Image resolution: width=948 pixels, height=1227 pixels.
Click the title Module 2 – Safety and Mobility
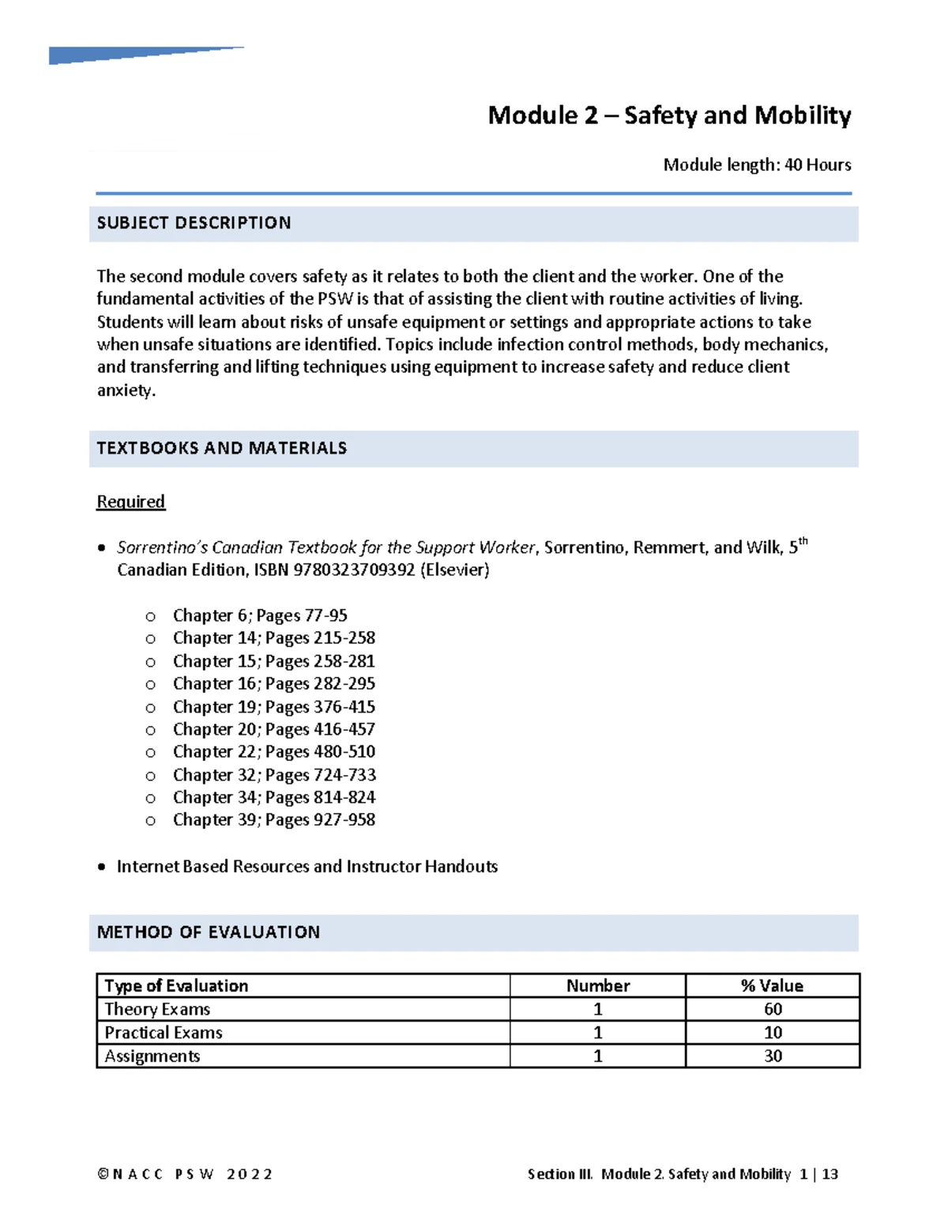click(669, 115)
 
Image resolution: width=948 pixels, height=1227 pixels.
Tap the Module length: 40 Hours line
click(757, 165)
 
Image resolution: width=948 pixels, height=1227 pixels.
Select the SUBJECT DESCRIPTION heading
click(194, 224)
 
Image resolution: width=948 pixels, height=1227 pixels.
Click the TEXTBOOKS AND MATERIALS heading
click(221, 449)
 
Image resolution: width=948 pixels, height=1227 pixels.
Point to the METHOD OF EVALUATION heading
click(208, 932)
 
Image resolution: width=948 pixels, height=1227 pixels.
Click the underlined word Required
click(130, 502)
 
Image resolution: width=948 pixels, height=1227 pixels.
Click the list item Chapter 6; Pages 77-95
click(260, 615)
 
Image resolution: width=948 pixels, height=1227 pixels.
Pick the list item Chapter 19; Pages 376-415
click(273, 707)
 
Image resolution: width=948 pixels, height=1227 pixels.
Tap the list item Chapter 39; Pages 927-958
click(273, 820)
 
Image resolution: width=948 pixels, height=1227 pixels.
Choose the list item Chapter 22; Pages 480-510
click(273, 752)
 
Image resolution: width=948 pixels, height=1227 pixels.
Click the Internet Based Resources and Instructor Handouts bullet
click(307, 867)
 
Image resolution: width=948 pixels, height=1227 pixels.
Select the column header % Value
click(772, 986)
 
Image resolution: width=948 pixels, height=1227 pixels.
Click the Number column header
click(597, 986)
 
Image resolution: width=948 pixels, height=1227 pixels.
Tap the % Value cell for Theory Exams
click(773, 1009)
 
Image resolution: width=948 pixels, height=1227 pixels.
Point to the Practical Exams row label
click(164, 1033)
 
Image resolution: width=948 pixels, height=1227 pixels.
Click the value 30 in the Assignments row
click(773, 1056)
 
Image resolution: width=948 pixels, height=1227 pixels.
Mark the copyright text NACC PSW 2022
click(185, 1174)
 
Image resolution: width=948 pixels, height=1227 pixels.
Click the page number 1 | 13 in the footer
click(818, 1174)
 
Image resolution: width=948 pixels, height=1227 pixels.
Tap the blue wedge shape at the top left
click(118, 55)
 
